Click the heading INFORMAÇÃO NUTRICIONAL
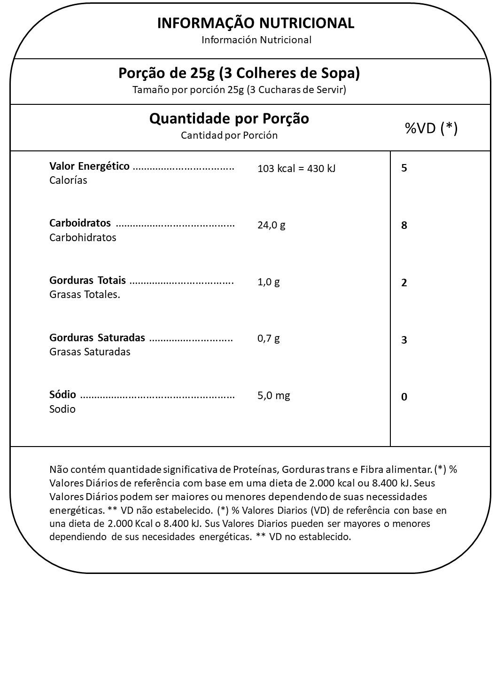(256, 23)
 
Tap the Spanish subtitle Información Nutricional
(256, 40)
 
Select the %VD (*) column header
(431, 128)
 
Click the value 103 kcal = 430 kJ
(296, 169)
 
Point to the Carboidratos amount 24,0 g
(271, 225)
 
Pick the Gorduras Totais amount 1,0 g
(268, 282)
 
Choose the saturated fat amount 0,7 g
(268, 338)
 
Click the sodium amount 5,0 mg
(273, 395)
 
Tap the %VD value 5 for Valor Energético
(404, 168)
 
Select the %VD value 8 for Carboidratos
(404, 225)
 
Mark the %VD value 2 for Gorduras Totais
(404, 283)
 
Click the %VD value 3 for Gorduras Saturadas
(404, 340)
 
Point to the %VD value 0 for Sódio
(404, 397)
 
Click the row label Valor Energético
(89, 166)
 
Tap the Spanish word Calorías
(68, 181)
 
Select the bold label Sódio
(62, 395)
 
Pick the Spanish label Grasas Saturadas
(90, 352)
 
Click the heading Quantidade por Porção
(229, 118)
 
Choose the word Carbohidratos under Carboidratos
(83, 237)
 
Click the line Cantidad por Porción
(229, 135)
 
